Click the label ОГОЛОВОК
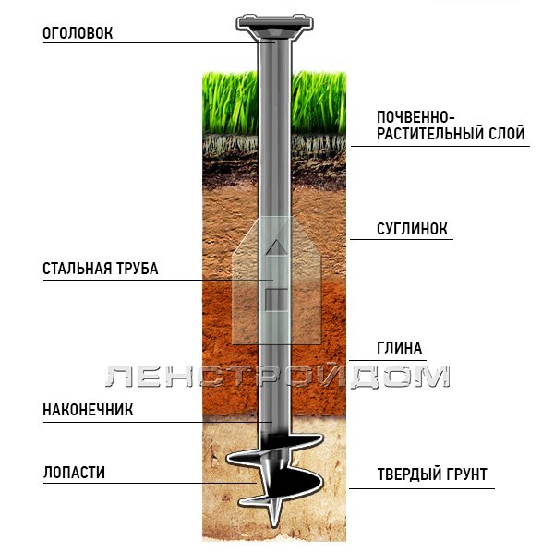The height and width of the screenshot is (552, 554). [x=78, y=33]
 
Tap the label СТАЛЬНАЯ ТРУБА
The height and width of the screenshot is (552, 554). [x=101, y=269]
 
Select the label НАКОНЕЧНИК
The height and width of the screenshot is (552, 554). [x=88, y=410]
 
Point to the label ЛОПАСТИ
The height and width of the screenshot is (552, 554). [x=74, y=473]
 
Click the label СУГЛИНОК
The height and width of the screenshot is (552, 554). [x=412, y=229]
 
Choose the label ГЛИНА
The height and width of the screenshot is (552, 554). [x=399, y=348]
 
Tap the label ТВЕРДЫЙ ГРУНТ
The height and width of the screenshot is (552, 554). [x=432, y=474]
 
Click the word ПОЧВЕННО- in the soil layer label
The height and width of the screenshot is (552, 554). [x=415, y=117]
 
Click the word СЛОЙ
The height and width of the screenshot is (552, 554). [x=502, y=134]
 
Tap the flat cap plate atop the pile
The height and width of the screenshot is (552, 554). [x=275, y=22]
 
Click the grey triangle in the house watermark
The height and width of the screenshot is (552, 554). [x=277, y=247]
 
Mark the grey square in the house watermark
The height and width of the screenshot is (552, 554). [x=277, y=300]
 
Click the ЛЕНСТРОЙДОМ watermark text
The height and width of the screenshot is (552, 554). [x=278, y=377]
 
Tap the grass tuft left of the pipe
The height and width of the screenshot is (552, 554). [x=230, y=102]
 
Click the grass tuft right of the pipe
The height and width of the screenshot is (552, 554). [x=319, y=102]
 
